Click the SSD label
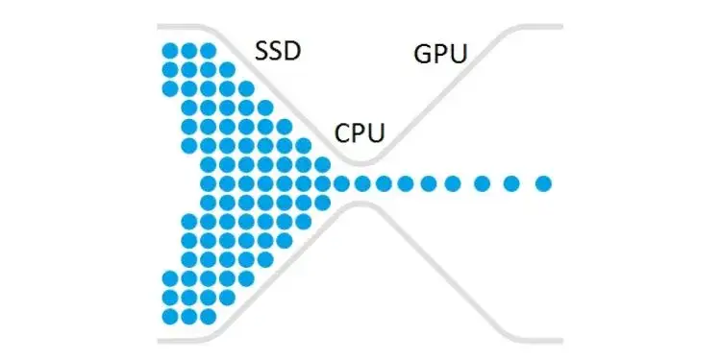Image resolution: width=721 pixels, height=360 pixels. click(278, 50)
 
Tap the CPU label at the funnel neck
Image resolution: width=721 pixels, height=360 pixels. click(360, 133)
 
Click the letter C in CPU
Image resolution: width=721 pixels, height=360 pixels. click(342, 133)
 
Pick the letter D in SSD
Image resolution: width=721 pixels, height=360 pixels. click(293, 50)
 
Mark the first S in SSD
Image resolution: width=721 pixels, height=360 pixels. click(261, 50)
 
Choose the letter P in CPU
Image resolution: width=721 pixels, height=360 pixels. click(360, 133)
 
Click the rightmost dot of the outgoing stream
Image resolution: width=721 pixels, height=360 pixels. click(543, 182)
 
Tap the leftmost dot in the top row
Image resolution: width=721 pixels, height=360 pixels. click(170, 50)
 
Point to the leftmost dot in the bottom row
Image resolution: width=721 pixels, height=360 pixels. click(170, 316)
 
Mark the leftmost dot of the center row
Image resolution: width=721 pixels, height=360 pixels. click(209, 182)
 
